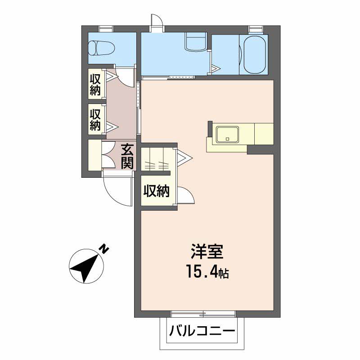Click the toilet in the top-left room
(x=102, y=48)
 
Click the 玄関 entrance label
(x=127, y=156)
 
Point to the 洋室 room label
(x=207, y=252)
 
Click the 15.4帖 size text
(x=207, y=271)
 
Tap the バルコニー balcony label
(x=202, y=331)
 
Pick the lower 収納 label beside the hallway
(x=95, y=120)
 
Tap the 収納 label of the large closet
(x=156, y=190)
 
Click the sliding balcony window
(x=203, y=314)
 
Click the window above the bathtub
(x=256, y=29)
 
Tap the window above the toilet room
(x=106, y=29)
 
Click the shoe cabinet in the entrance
(x=95, y=155)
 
